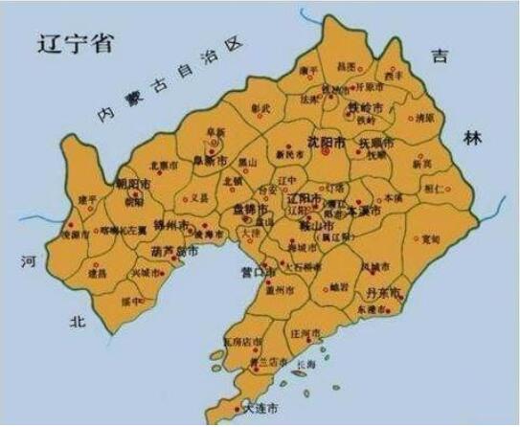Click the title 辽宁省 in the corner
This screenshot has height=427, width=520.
click(x=74, y=44)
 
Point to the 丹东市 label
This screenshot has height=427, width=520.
click(x=383, y=289)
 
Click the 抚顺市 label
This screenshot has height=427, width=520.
click(x=375, y=144)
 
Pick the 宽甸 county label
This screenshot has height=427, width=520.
click(x=431, y=238)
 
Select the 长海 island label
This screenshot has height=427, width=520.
click(x=332, y=364)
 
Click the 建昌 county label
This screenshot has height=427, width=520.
click(x=98, y=274)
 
